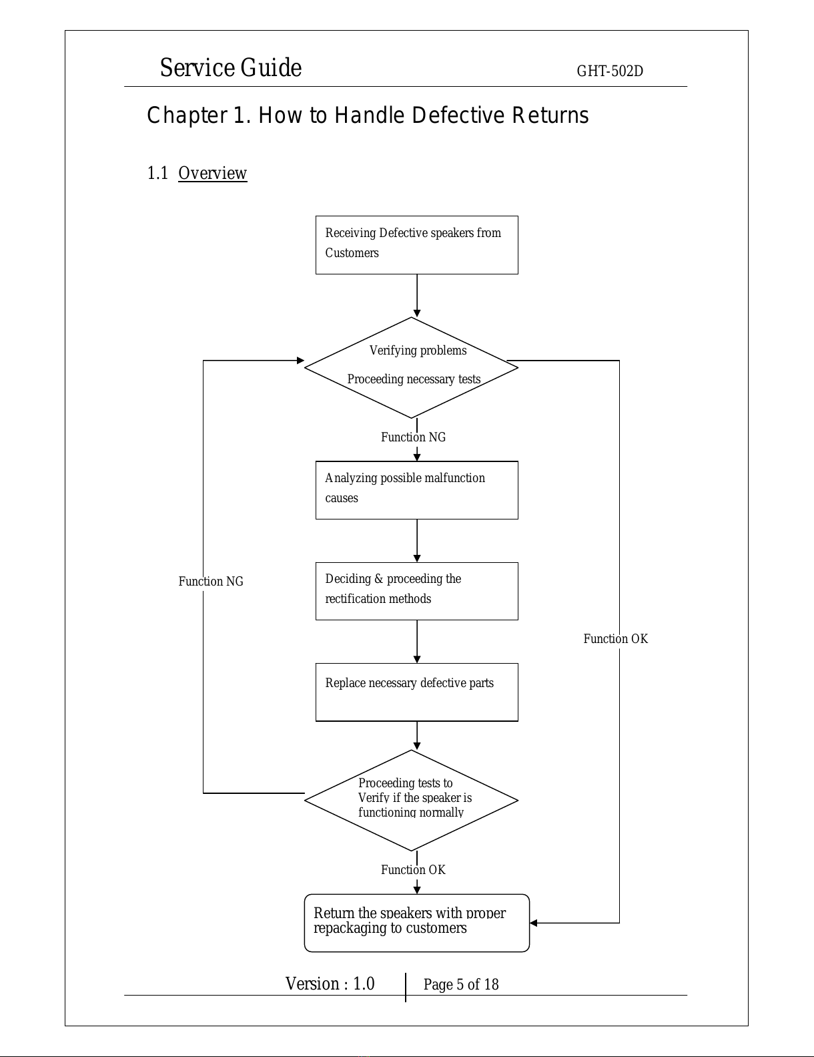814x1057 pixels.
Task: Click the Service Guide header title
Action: [231, 67]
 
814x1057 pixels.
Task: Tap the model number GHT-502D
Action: [610, 71]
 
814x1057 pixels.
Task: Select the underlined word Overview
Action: [212, 173]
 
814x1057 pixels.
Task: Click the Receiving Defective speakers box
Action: [416, 245]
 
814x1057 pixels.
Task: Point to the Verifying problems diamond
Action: [411, 368]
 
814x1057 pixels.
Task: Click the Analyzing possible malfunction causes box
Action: [416, 490]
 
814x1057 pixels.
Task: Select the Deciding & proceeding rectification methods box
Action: [416, 592]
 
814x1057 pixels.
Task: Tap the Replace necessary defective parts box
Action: [416, 692]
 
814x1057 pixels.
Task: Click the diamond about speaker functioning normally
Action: [411, 800]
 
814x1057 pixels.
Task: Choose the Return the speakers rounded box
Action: [416, 923]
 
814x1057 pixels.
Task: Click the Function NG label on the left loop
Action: [211, 582]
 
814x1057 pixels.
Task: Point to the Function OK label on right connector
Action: [616, 639]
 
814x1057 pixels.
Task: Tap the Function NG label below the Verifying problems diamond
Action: [413, 437]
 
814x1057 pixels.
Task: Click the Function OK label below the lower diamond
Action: [413, 870]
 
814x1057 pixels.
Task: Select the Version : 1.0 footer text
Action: [330, 984]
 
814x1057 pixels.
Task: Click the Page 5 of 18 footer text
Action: [460, 984]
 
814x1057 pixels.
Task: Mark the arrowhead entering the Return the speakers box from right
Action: [533, 923]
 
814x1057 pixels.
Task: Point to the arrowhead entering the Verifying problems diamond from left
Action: [300, 361]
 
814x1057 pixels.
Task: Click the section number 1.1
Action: [157, 173]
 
